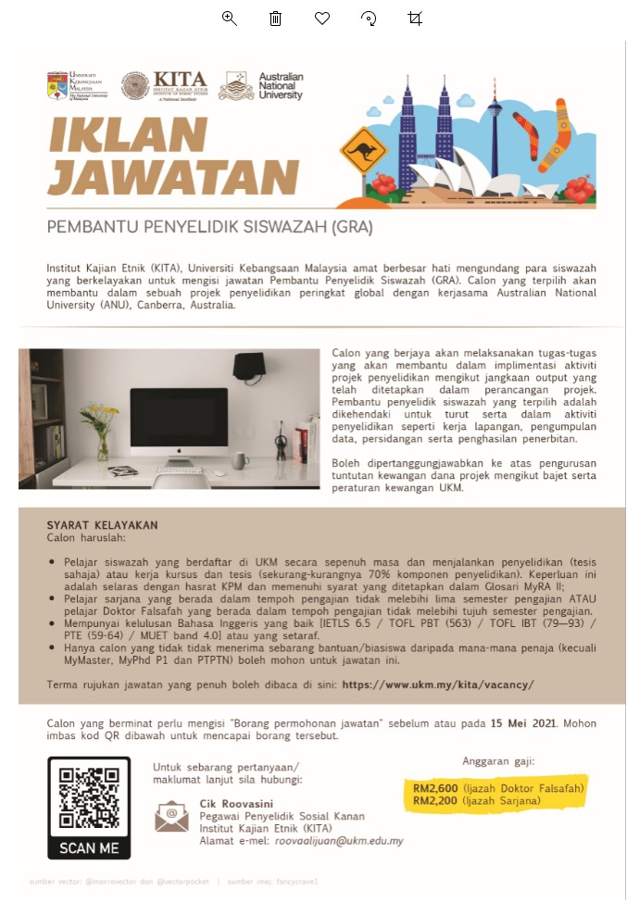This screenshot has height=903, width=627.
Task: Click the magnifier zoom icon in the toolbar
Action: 230,19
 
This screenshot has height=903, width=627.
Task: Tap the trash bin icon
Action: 275,19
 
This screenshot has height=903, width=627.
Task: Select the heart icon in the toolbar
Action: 322,19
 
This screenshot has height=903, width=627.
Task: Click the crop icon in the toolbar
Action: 415,19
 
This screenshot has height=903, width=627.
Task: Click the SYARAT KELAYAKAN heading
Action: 102,525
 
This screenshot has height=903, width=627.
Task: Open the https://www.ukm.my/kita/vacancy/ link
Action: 438,685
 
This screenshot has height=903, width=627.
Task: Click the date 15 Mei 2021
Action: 525,723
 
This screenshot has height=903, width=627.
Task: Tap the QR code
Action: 89,797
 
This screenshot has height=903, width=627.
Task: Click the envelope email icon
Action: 171,815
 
